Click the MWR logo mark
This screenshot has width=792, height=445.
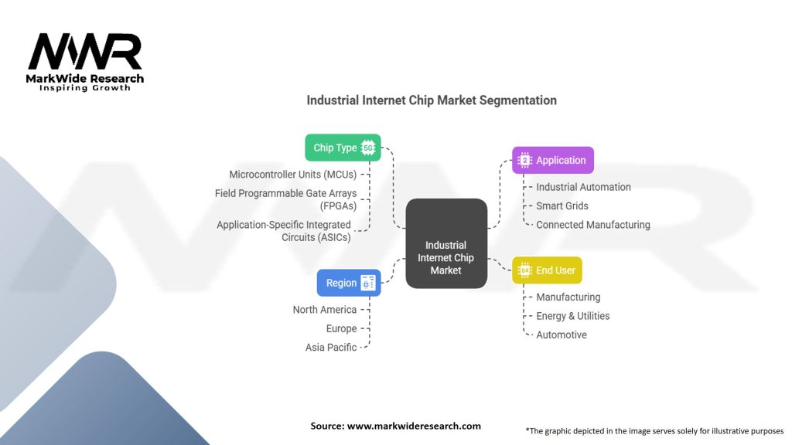[x=85, y=52]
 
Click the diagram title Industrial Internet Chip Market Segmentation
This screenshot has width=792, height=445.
[x=431, y=100]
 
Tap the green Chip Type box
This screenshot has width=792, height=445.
[x=343, y=148]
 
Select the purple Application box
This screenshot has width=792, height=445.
[x=552, y=160]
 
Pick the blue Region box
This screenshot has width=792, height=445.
[x=348, y=283]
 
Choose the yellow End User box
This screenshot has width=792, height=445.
[x=546, y=270]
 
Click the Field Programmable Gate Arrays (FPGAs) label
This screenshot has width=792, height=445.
[x=285, y=199]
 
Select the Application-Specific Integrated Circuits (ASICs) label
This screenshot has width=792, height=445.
[x=284, y=231]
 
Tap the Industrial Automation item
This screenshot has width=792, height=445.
[x=583, y=187]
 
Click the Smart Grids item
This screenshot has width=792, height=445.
[x=562, y=206]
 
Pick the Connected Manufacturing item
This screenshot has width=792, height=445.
[x=593, y=225]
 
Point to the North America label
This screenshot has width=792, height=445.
[x=325, y=310]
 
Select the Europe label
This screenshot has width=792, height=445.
[x=341, y=328]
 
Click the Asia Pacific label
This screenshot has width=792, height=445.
[x=331, y=348]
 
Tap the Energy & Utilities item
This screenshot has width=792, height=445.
[x=572, y=316]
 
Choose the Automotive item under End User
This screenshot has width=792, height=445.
[x=562, y=335]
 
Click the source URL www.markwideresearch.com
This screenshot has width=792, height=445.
[x=415, y=426]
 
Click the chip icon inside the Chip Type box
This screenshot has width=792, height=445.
[x=367, y=148]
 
